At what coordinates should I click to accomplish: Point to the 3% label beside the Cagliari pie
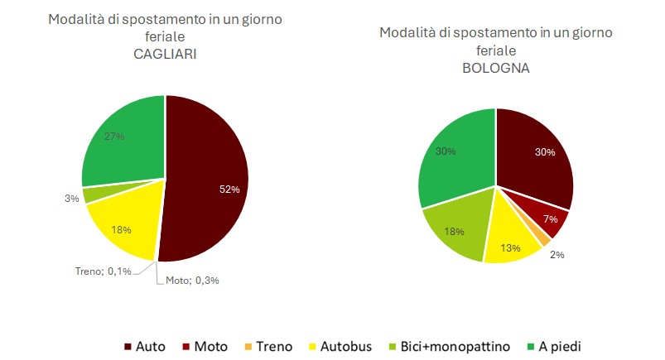coord(71,199)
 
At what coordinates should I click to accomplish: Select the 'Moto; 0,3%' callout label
coord(191,280)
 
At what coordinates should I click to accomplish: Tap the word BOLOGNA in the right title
coord(495,67)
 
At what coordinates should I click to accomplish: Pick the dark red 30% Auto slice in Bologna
coord(534,157)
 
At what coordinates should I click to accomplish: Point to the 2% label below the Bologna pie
coord(557,255)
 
